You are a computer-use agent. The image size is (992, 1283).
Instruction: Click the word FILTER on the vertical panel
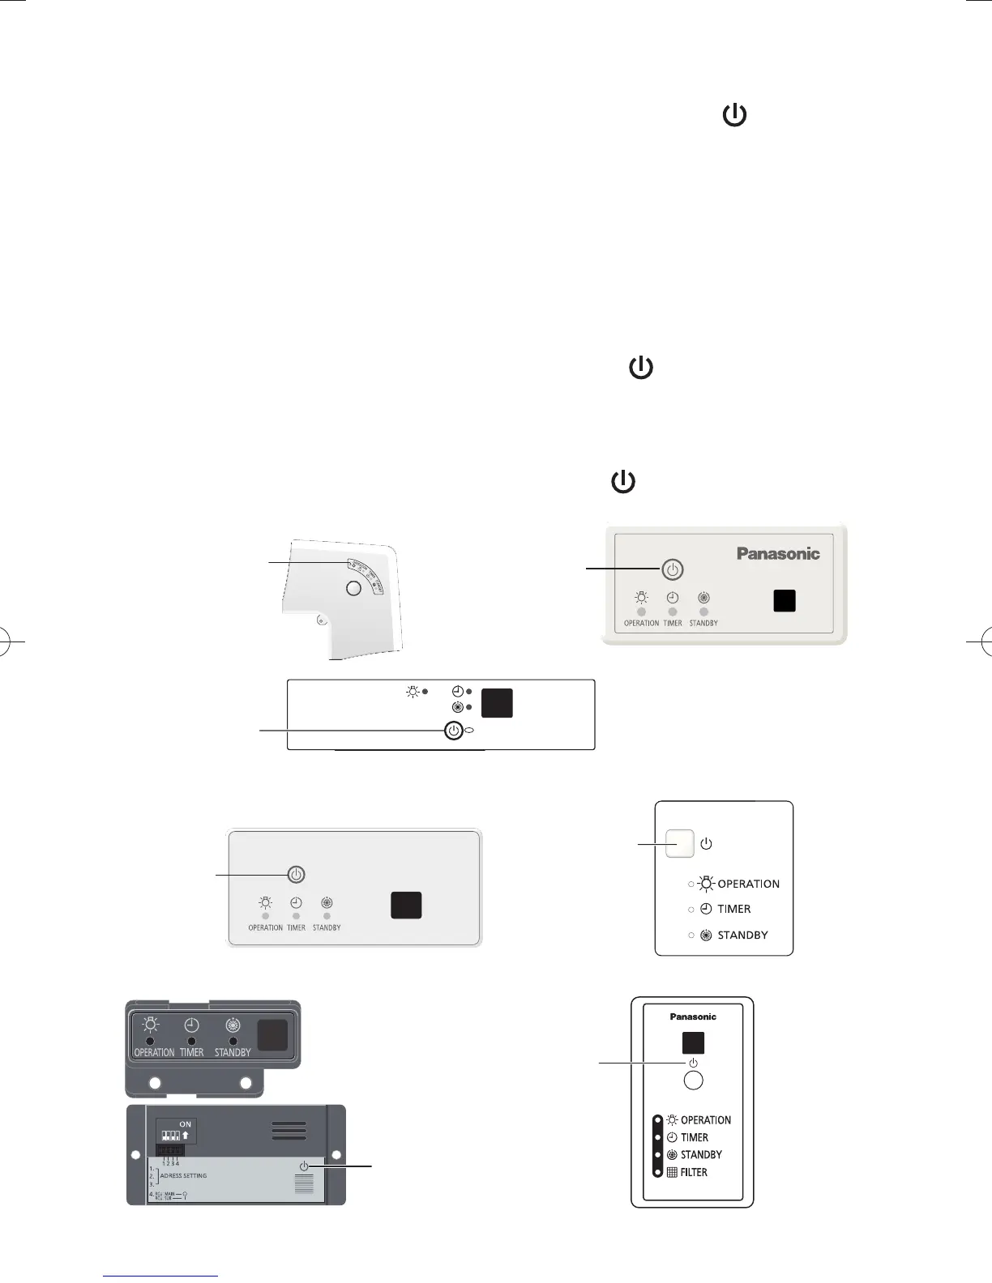click(x=694, y=1172)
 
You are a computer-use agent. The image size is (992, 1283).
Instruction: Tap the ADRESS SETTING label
click(x=183, y=1175)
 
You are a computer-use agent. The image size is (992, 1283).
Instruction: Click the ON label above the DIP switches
click(x=186, y=1124)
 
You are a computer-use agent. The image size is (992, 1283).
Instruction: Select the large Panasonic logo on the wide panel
click(x=778, y=554)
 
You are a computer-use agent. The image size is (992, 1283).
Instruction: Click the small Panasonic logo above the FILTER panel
click(x=693, y=1017)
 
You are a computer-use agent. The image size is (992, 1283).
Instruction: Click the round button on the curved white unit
click(x=353, y=589)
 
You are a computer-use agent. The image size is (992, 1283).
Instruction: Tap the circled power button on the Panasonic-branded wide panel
click(x=672, y=569)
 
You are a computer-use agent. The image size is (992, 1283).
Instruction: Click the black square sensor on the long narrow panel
click(x=497, y=702)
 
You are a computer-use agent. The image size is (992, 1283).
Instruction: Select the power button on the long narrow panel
click(x=454, y=731)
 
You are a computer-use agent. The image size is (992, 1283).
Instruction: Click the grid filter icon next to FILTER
click(x=672, y=1172)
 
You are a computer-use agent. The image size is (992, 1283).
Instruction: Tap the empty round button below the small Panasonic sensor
click(x=693, y=1080)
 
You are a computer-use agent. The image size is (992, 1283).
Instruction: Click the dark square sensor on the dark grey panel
click(x=272, y=1034)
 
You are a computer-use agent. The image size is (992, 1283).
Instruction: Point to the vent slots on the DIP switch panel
click(x=289, y=1131)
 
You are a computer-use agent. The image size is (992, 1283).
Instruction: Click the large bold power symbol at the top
click(x=734, y=116)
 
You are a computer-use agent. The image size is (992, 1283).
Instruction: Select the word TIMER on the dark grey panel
click(x=192, y=1052)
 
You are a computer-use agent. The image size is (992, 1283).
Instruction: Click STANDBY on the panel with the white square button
click(x=742, y=935)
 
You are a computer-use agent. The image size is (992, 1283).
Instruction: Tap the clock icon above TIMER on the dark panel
click(x=192, y=1025)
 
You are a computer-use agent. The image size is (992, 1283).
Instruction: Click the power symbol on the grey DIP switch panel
click(x=304, y=1166)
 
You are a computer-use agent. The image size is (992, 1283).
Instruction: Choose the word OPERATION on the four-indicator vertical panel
click(x=706, y=1120)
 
